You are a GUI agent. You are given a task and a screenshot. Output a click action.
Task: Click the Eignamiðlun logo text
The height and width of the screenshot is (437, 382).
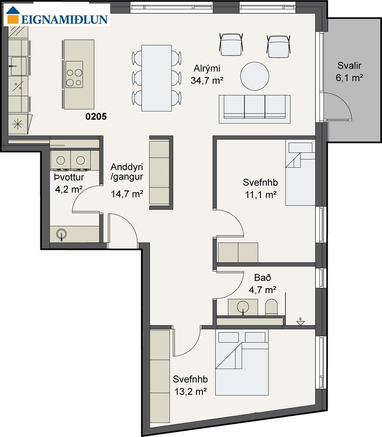pos(65,19)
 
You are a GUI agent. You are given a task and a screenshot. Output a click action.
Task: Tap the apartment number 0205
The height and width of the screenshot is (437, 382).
pos(96,116)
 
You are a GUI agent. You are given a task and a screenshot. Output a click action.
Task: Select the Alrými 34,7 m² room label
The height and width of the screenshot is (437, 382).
pos(207,75)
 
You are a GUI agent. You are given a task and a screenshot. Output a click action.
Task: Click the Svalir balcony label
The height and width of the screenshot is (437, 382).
pos(349,72)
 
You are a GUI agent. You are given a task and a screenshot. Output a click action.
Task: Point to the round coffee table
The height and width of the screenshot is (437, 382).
pos(254,76)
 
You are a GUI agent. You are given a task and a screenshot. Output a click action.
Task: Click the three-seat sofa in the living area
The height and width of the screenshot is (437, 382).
pos(254,109)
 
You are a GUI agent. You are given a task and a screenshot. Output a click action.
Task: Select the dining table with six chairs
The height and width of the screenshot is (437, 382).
pos(156,78)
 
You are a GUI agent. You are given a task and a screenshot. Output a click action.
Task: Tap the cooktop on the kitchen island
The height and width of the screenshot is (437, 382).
pos(74,75)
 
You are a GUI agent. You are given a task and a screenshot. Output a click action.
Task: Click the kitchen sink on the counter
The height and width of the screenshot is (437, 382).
pos(18,67)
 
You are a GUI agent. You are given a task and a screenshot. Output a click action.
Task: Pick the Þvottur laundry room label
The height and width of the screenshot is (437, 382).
pos(69,183)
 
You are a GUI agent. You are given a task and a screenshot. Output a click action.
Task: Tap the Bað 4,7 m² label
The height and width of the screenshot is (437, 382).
pos(262,284)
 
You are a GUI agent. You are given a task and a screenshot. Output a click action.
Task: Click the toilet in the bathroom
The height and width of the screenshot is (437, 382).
pos(271,307)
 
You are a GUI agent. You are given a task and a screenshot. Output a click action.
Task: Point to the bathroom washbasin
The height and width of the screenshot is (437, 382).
pos(243,307)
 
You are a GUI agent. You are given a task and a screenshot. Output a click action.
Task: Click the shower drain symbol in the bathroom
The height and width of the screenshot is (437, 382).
pos(300,321)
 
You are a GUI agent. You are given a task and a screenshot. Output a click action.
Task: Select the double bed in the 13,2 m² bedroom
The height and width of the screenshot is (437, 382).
pos(242,362)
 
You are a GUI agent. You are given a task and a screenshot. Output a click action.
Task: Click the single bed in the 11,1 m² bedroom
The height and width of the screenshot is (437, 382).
pos(300,173)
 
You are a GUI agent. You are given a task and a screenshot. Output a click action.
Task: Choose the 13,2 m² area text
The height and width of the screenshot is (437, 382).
pos(191,391)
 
